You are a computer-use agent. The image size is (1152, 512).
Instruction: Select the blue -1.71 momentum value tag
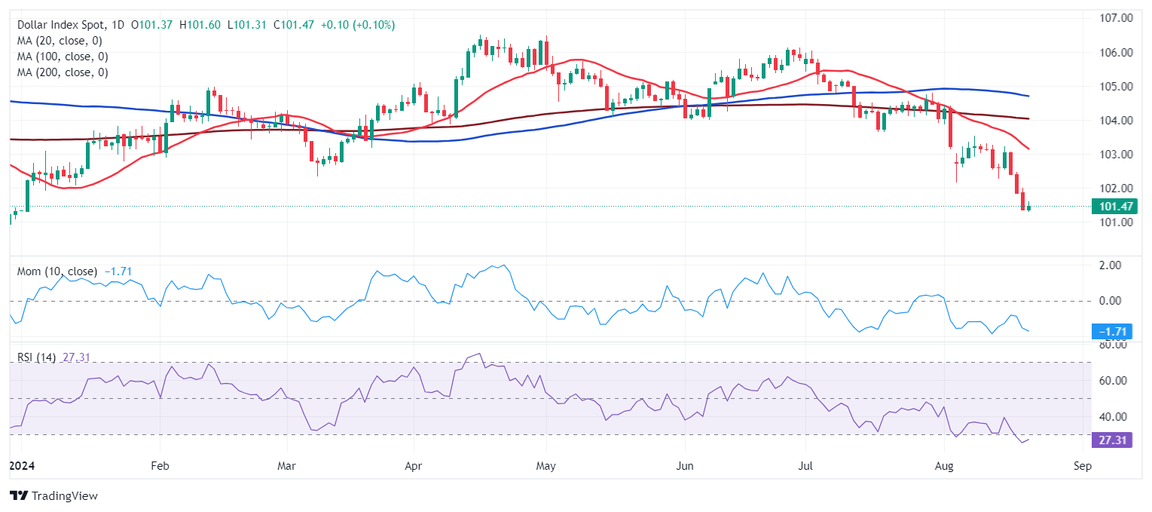[x=1111, y=332]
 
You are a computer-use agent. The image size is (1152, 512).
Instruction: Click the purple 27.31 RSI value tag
[x=1111, y=440]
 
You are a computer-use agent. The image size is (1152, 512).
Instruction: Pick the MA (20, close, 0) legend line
[x=60, y=41]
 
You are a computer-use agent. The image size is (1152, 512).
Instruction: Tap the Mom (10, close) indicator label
[x=57, y=271]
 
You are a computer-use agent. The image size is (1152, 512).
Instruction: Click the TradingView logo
[x=54, y=495]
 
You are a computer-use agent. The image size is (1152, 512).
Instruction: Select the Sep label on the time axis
[x=1082, y=467]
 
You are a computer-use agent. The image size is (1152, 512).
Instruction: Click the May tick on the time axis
[x=546, y=467]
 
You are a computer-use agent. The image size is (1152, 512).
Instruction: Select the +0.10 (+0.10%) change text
[x=357, y=25]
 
